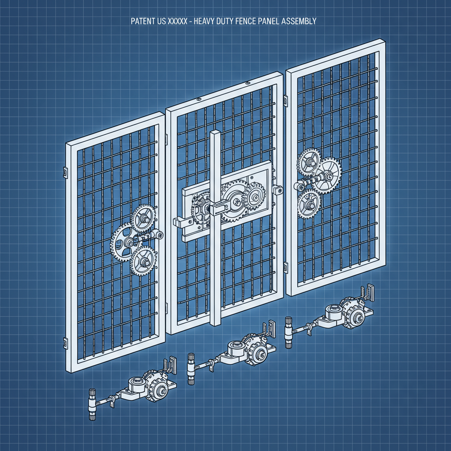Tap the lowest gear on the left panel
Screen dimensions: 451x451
click(143, 260)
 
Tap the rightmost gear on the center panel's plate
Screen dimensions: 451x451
click(254, 197)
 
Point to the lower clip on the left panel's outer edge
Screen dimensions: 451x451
click(65, 342)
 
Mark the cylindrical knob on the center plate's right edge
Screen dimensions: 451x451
click(278, 190)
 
